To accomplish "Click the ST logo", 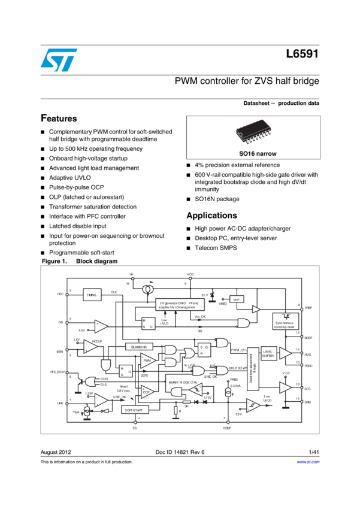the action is click(x=59, y=60).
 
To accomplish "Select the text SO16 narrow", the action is click(x=250, y=154).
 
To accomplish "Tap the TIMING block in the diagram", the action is click(x=92, y=295).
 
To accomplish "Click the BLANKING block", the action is click(x=139, y=347).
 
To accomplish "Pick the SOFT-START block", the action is click(x=134, y=410).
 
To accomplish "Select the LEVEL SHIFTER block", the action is click(x=268, y=354).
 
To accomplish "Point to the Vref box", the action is click(x=237, y=299).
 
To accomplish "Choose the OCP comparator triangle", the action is click(x=147, y=393).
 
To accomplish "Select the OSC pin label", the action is click(x=60, y=294).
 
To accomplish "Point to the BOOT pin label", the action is click(x=308, y=338).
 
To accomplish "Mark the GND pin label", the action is click(x=307, y=402).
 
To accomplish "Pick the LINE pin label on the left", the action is click(x=60, y=403).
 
